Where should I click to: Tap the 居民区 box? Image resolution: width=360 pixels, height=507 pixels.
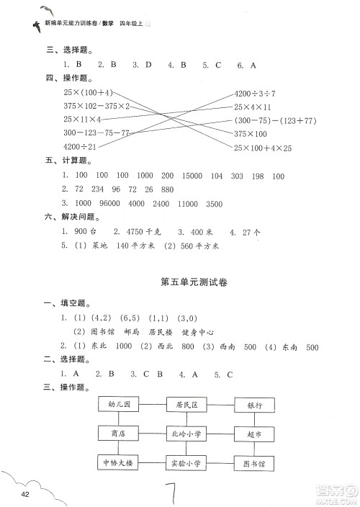187,405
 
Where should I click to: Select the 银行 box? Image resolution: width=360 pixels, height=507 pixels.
253,405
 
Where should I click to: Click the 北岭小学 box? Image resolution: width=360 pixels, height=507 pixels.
187,434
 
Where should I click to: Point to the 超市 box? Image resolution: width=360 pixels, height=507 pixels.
253,434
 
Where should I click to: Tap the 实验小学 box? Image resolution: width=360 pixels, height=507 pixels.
187,462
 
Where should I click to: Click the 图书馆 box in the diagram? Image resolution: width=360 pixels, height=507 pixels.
253,462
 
